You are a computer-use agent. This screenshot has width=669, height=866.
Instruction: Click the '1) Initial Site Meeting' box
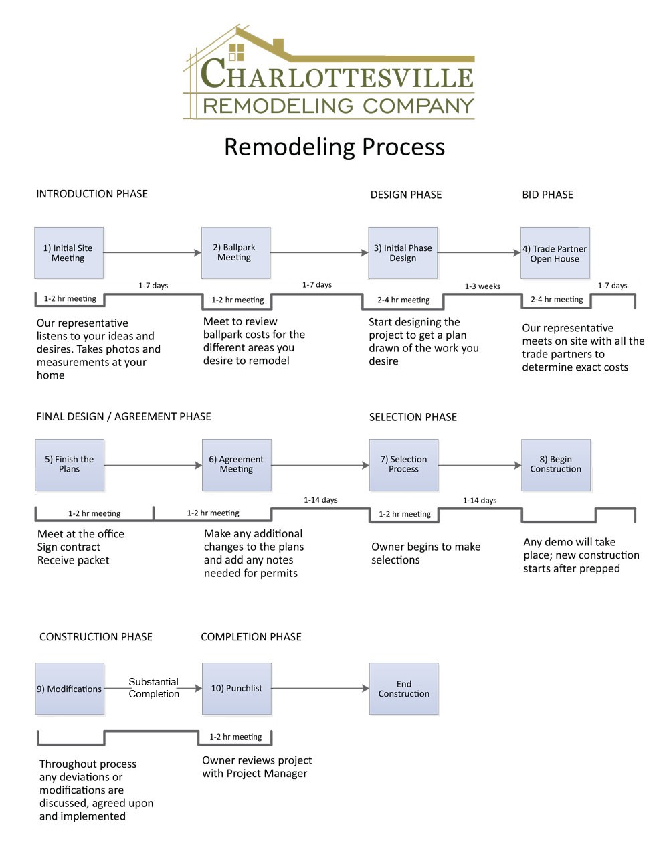69,253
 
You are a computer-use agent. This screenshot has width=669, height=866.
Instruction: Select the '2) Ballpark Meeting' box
235,253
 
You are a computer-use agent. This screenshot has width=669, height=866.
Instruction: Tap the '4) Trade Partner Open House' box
555,253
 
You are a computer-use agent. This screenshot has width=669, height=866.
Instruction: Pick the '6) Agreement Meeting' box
236,465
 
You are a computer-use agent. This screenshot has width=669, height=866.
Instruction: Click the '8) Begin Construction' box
555,465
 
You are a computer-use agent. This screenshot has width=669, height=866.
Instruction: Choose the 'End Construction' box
403,689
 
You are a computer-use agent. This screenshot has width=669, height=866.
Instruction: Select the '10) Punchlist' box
236,689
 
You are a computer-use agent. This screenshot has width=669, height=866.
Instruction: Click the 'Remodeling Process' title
334,147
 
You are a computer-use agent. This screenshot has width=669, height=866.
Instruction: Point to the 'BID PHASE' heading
547,195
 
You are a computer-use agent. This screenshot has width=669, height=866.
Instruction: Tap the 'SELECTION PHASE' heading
413,417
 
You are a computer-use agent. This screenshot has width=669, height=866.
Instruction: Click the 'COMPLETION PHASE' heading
251,637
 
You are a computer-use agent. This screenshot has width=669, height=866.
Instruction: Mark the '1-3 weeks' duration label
482,286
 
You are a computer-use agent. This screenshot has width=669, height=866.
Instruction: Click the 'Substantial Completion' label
154,688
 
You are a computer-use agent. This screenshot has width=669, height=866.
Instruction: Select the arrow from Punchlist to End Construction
320,688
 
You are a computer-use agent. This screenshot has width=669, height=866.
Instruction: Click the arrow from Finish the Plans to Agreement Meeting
153,465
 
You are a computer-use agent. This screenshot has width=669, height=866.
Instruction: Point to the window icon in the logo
236,52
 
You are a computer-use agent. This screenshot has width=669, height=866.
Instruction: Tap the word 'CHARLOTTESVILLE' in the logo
337,75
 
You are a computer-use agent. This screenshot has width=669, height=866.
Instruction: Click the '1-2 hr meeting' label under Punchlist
235,737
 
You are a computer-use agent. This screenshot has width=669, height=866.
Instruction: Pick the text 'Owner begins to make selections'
425,553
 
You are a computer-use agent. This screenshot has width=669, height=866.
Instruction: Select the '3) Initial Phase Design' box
403,253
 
